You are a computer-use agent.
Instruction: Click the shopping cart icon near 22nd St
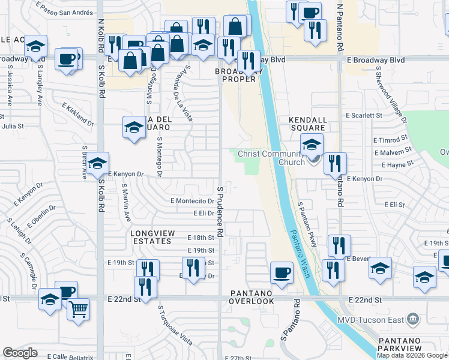click(x=78, y=310)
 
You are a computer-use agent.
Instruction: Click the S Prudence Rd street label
click(x=220, y=210)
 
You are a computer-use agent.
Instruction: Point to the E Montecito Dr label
click(x=192, y=201)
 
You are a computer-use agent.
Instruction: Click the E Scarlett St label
click(x=364, y=115)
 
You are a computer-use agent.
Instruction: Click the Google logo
click(x=20, y=353)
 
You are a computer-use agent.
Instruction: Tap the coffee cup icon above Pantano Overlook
click(x=282, y=272)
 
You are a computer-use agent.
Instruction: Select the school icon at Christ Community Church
click(x=312, y=145)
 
